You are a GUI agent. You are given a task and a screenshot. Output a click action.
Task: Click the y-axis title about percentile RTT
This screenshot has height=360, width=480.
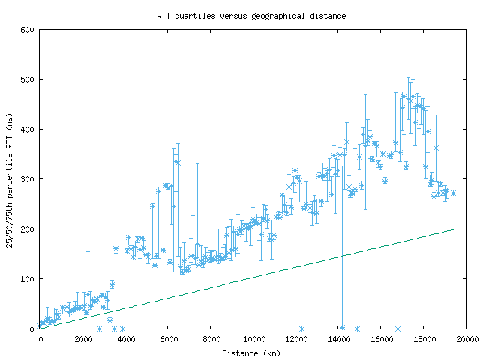9,178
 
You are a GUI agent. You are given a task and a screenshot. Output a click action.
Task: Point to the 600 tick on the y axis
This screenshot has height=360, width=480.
28,30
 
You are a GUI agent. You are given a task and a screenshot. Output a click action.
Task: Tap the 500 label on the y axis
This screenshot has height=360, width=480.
28,79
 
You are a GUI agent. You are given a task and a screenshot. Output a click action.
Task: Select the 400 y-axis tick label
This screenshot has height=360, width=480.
28,129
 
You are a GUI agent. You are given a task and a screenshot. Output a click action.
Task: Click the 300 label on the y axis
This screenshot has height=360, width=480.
28,179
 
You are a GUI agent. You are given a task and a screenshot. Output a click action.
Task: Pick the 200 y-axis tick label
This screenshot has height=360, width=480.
28,229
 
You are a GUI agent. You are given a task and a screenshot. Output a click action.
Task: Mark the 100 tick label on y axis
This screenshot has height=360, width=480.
28,278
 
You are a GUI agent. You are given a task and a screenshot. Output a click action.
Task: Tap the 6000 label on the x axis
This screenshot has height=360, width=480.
167,339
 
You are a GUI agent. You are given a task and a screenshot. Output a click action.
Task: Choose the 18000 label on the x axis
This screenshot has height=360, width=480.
424,339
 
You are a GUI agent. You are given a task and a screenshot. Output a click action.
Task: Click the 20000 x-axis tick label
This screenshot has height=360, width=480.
466,339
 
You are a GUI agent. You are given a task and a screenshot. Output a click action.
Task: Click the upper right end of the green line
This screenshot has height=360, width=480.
454,229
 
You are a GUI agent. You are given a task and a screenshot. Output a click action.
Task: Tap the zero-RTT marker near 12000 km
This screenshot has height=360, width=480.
301,328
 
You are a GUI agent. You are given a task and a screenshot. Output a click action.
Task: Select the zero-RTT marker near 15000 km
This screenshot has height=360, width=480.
357,328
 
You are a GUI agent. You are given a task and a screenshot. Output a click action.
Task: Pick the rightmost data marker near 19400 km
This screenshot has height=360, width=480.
453,192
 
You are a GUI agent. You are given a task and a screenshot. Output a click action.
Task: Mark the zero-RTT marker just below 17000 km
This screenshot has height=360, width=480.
397,328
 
